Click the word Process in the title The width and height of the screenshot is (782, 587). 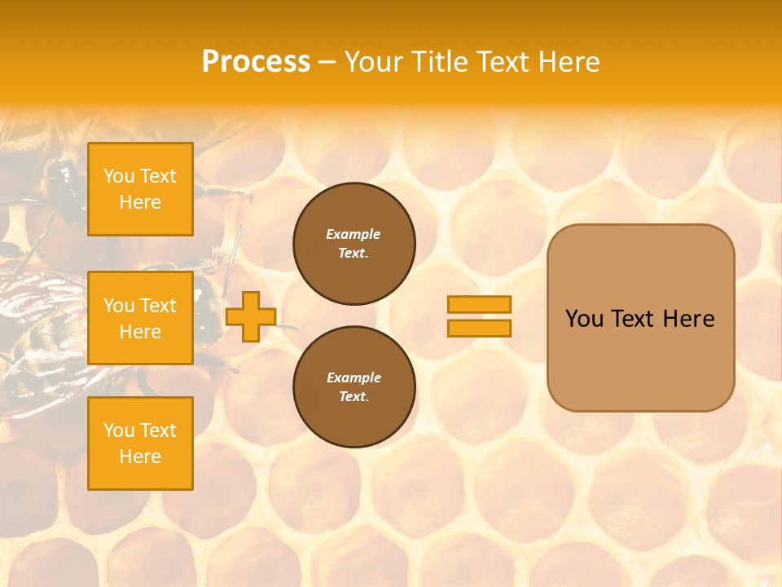[256, 62]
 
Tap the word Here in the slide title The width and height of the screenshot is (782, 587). [567, 62]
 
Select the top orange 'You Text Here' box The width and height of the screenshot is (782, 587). [140, 189]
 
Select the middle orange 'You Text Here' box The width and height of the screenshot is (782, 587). [140, 318]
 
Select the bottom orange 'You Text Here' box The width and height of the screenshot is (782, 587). [140, 444]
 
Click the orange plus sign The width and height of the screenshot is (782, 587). [250, 316]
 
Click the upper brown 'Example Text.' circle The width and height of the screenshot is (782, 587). [354, 244]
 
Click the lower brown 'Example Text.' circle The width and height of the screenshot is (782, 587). [354, 387]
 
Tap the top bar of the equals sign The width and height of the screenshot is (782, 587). [479, 304]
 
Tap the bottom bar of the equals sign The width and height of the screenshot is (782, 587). [479, 328]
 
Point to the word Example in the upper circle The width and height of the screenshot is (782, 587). [354, 235]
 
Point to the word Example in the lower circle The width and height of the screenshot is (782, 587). [354, 378]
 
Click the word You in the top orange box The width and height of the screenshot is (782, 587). [119, 176]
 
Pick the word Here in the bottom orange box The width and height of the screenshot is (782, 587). [140, 457]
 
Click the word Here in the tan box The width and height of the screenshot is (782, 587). [688, 319]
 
